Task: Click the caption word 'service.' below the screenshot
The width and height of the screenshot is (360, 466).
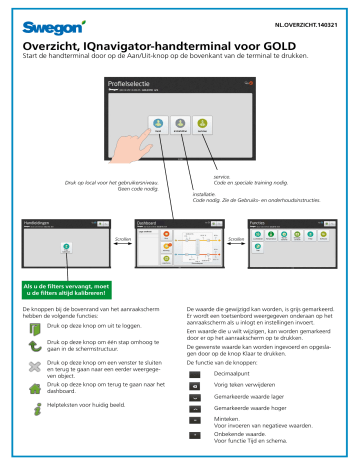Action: click(x=237, y=175)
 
